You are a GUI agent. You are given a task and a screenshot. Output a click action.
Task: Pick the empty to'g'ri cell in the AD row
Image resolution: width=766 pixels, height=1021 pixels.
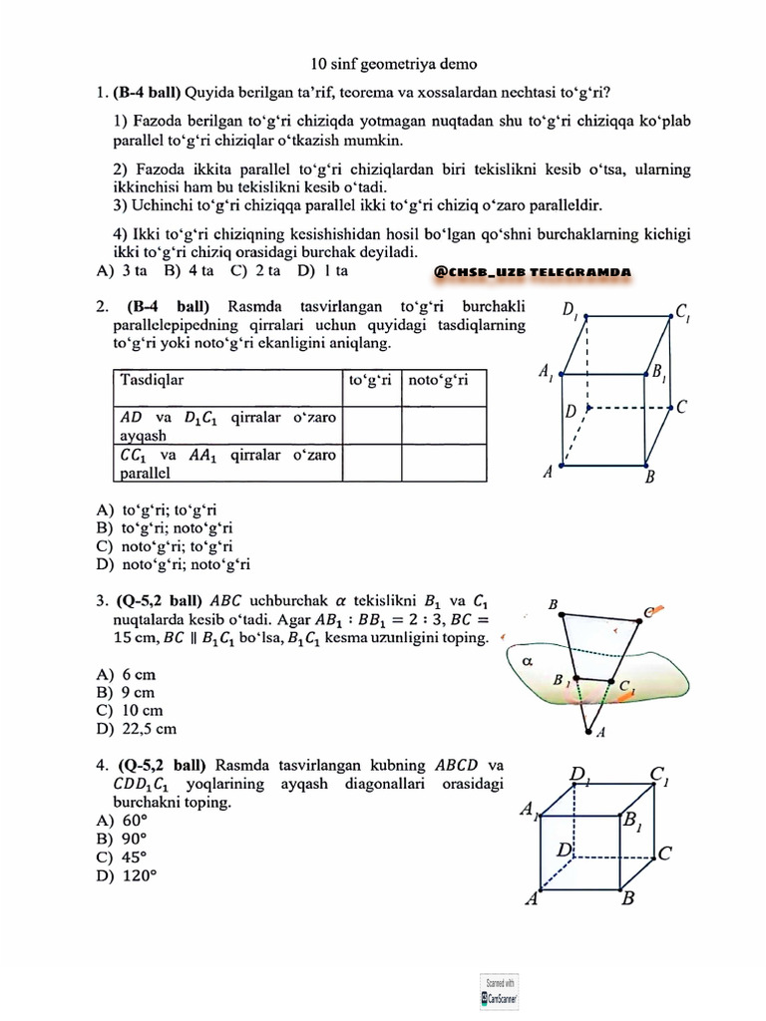pyautogui.click(x=372, y=426)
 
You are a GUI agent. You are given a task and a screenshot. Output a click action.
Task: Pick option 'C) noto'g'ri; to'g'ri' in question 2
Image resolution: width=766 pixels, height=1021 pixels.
pyautogui.click(x=165, y=546)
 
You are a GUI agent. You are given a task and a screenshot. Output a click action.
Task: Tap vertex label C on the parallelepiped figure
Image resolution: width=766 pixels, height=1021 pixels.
pyautogui.click(x=681, y=407)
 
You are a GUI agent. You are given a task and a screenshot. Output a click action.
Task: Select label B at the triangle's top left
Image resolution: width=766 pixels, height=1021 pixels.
pyautogui.click(x=553, y=604)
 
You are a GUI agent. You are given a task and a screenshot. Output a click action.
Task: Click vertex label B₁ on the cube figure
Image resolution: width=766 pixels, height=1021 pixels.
pyautogui.click(x=632, y=823)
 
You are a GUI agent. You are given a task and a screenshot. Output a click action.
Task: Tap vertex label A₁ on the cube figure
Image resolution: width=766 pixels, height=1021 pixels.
pyautogui.click(x=528, y=813)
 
